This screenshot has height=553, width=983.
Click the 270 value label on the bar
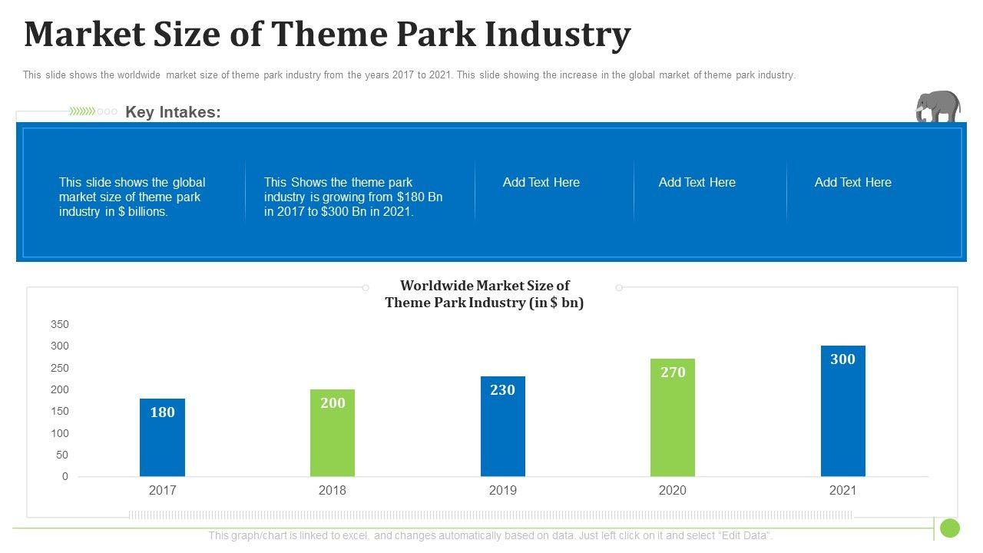point(673,373)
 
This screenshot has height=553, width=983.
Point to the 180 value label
point(162,412)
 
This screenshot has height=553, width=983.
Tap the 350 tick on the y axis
point(60,324)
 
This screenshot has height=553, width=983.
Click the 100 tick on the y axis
point(60,433)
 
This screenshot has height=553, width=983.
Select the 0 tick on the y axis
point(65,476)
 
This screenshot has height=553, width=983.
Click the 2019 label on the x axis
point(503,490)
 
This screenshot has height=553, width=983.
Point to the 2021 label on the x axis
point(842,490)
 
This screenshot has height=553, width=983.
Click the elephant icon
point(938,107)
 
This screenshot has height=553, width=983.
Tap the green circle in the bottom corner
point(950,528)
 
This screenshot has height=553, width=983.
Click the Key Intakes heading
point(173,112)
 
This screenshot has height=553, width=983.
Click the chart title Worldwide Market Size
point(485,294)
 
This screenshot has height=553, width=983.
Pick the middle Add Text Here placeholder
point(697,182)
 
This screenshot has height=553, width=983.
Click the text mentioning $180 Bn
point(353,197)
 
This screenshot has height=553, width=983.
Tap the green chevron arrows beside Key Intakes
point(82,111)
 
